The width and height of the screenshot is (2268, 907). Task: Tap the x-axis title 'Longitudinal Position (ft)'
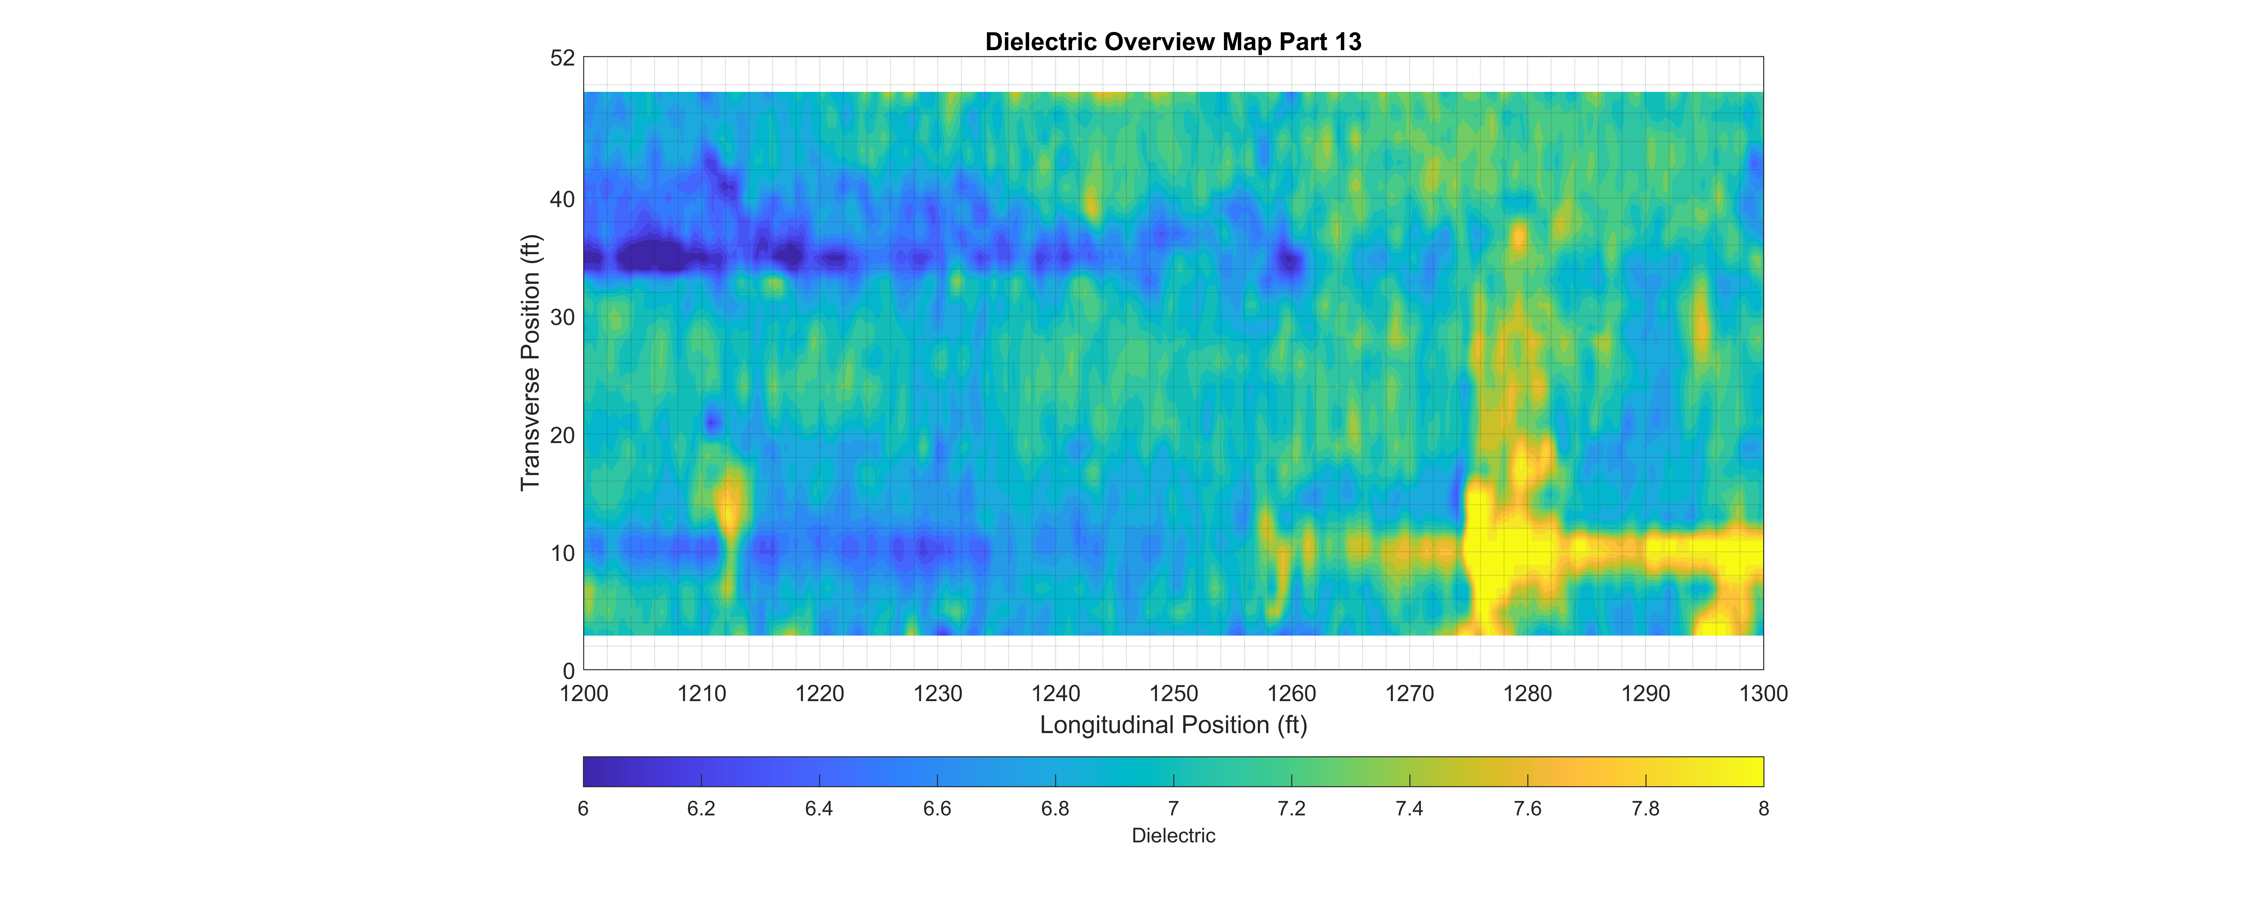(x=1173, y=725)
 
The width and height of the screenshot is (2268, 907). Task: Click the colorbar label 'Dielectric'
(x=1173, y=836)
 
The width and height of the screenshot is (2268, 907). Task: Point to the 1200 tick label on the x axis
(x=584, y=694)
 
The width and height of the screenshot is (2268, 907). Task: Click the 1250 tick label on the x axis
(x=1174, y=694)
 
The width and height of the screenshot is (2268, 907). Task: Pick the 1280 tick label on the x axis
(x=1527, y=694)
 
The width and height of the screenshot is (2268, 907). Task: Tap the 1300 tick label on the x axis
(x=1764, y=694)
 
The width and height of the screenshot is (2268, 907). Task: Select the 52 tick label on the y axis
(x=563, y=58)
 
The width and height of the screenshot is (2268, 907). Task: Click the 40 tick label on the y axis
(x=563, y=200)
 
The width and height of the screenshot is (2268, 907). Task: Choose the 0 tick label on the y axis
(x=569, y=671)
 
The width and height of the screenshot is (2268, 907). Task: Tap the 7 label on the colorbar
(x=1174, y=808)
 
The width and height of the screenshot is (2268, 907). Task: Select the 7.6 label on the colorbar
(x=1527, y=808)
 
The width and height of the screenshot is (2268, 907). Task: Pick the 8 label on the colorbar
(x=1764, y=808)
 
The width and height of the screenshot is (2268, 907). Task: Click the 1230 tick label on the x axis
(x=938, y=694)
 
